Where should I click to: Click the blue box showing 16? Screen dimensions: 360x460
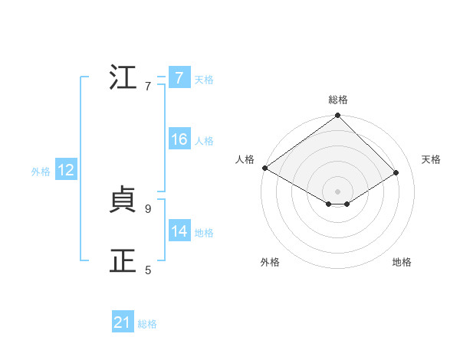[179, 140]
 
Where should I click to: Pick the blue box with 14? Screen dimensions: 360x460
[179, 232]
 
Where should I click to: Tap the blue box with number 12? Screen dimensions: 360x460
[66, 171]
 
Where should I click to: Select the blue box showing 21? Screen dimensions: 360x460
[123, 323]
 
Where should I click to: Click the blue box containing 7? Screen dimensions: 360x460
[179, 78]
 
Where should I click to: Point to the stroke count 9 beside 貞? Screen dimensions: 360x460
[148, 208]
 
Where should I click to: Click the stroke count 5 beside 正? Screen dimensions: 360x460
[148, 270]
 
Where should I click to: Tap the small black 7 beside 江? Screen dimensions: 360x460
[148, 86]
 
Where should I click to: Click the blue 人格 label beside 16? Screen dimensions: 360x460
[204, 141]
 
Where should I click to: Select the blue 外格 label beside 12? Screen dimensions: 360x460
[41, 172]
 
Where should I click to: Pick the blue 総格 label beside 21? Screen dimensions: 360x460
[147, 324]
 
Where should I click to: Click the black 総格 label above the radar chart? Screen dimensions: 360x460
[338, 100]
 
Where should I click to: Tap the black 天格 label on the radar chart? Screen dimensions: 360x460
[431, 159]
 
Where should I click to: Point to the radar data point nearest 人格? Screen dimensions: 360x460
[264, 168]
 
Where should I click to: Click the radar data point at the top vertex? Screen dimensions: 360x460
[338, 116]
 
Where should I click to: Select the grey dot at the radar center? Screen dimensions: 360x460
[338, 191]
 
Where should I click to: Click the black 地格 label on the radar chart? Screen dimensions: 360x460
[402, 263]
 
